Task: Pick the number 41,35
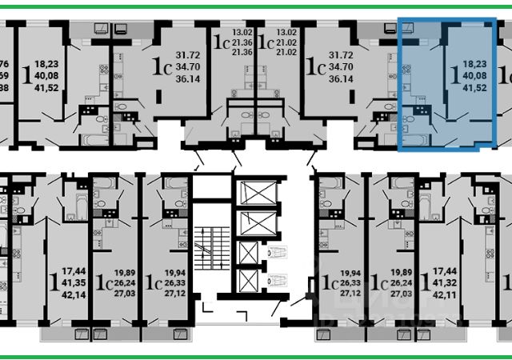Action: pos(74,284)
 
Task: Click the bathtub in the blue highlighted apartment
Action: pos(416,141)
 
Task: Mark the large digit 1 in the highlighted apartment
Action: pos(455,75)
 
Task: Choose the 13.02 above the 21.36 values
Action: pos(241,33)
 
